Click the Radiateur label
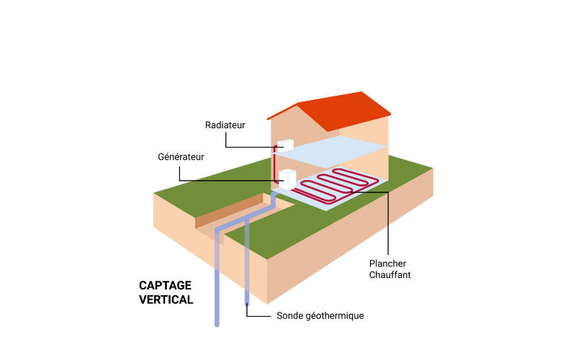pos(225,125)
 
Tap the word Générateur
pos(181,157)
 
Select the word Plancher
pos(387,264)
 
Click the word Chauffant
pos(390,275)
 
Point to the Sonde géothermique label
pos(320,316)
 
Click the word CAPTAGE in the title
pos(165,285)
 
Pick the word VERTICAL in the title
pos(166,300)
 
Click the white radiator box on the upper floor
pos(285,145)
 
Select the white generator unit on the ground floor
pos(287,179)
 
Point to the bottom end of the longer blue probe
pos(217,325)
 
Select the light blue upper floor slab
pos(330,151)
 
